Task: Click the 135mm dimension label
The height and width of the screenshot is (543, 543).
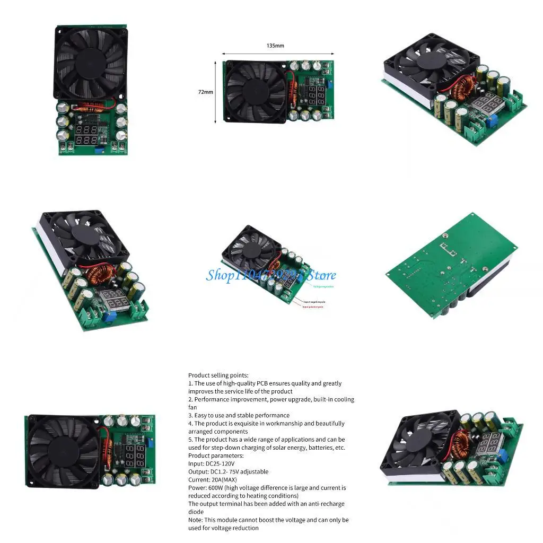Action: (x=275, y=46)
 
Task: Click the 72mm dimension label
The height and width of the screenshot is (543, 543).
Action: (x=205, y=92)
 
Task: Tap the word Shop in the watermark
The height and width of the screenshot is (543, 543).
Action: (x=219, y=275)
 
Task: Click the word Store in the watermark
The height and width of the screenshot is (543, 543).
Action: (x=322, y=275)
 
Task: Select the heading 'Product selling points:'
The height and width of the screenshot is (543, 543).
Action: (x=218, y=375)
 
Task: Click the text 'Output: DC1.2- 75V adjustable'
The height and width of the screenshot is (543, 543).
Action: (x=228, y=471)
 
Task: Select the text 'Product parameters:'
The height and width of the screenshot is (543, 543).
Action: (x=216, y=456)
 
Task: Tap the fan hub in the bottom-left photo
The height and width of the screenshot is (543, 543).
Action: (x=61, y=450)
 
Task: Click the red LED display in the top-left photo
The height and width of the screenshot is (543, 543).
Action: (x=86, y=135)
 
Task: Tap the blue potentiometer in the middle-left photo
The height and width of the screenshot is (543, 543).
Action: (x=111, y=317)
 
